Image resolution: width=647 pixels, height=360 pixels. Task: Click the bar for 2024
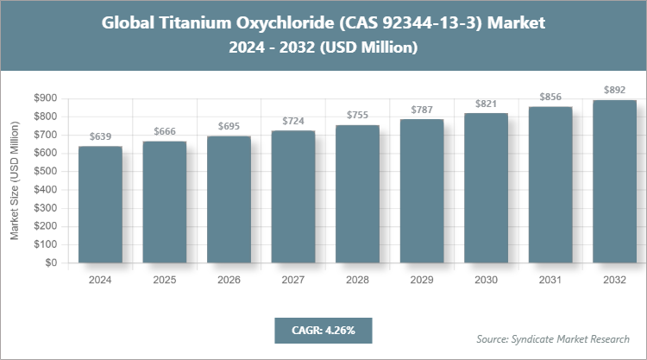pyautogui.click(x=100, y=205)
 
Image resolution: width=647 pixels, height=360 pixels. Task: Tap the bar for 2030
pyautogui.click(x=486, y=187)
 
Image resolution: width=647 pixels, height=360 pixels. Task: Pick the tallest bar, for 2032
pyautogui.click(x=614, y=181)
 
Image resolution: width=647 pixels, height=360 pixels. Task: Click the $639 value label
pyautogui.click(x=100, y=136)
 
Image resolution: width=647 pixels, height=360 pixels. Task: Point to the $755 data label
pyautogui.click(x=357, y=115)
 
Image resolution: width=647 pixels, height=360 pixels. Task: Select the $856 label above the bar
pyautogui.click(x=550, y=97)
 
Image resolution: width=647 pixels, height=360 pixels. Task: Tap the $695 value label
pyautogui.click(x=229, y=126)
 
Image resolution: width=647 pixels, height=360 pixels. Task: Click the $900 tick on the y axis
pyautogui.click(x=46, y=98)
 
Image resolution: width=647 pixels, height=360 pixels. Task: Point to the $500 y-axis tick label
pyautogui.click(x=46, y=172)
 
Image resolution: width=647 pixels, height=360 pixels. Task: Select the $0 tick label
pyautogui.click(x=52, y=263)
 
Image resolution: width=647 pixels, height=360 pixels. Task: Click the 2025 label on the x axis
pyautogui.click(x=164, y=279)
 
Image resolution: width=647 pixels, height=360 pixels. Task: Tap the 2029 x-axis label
pyautogui.click(x=421, y=279)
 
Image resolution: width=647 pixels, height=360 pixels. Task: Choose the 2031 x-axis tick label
pyautogui.click(x=550, y=279)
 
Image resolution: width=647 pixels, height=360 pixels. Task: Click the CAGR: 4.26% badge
pyautogui.click(x=323, y=330)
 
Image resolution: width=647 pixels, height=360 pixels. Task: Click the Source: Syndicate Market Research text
pyautogui.click(x=553, y=338)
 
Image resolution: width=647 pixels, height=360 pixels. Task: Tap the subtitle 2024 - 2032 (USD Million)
pyautogui.click(x=323, y=48)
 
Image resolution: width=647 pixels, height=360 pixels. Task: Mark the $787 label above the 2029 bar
pyautogui.click(x=421, y=109)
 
